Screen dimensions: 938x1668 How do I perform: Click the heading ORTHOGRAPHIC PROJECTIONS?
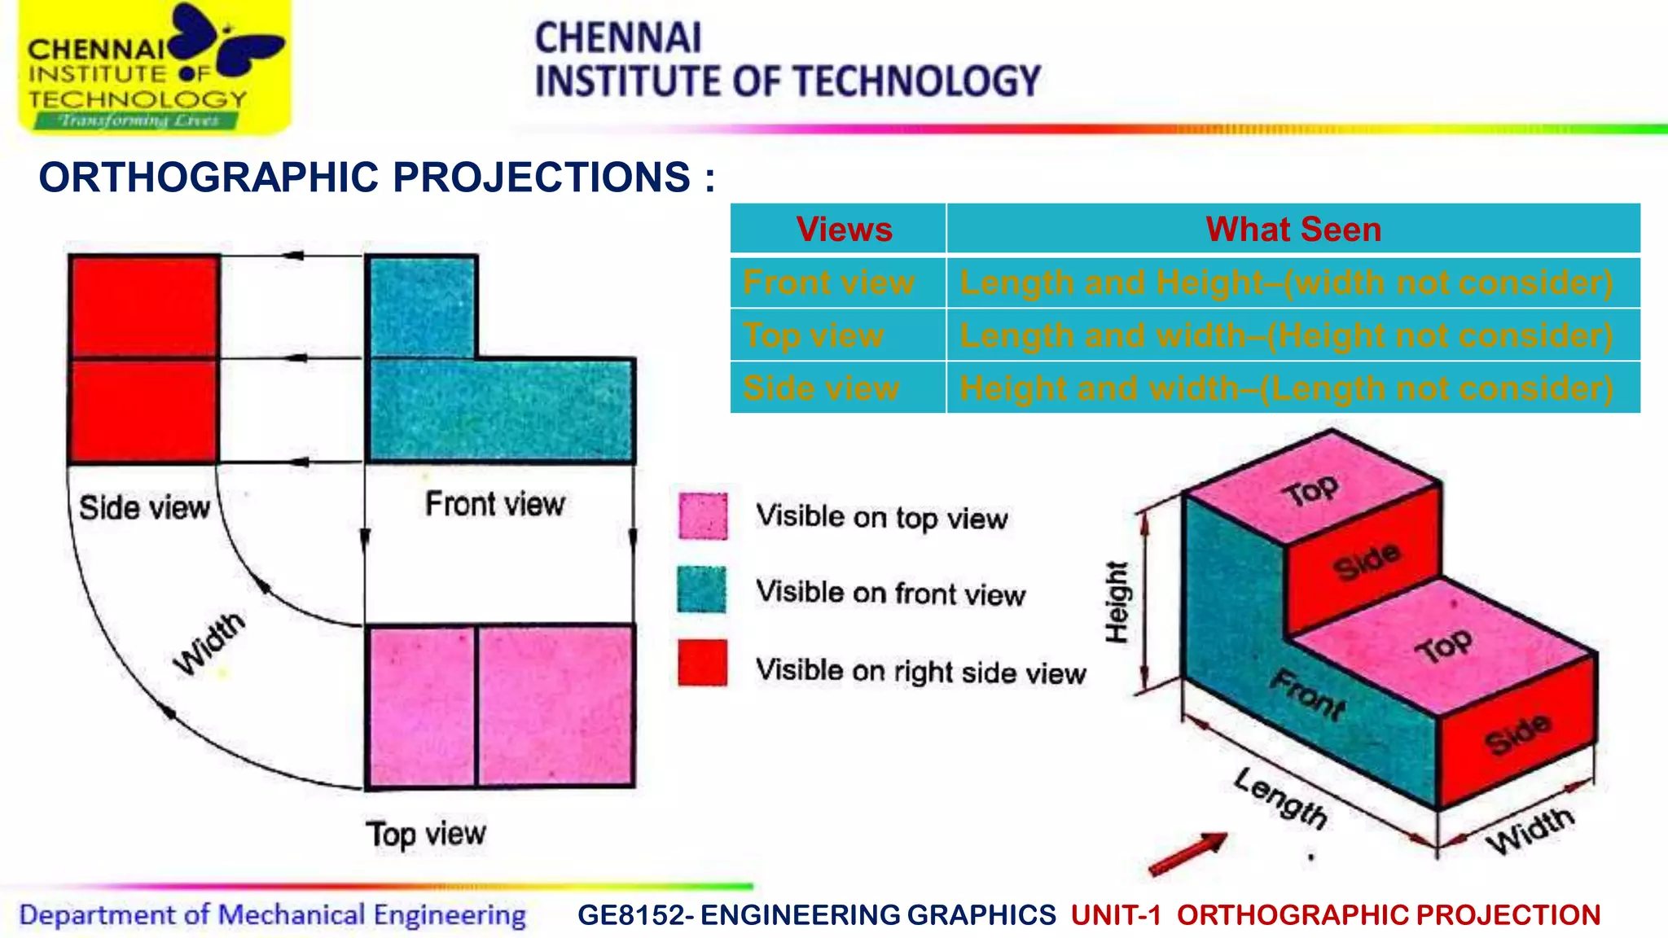[376, 178]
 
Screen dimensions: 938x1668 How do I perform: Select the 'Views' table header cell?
[844, 230]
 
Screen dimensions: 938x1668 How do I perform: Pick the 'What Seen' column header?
[1293, 230]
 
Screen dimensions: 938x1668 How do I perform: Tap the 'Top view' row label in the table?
[813, 335]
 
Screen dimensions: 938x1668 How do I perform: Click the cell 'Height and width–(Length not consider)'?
[1286, 388]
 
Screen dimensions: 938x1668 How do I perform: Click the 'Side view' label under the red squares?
[144, 508]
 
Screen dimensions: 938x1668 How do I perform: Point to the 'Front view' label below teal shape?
[494, 504]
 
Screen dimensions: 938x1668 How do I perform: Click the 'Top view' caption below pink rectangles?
[425, 835]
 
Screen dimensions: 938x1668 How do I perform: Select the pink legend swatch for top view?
[703, 516]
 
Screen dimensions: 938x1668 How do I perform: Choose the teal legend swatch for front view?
[701, 590]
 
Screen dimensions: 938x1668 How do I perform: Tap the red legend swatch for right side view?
[702, 663]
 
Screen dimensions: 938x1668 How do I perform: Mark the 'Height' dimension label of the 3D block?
[1117, 603]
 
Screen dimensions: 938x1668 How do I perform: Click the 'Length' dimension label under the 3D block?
[1280, 798]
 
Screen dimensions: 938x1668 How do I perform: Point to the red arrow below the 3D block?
[1187, 855]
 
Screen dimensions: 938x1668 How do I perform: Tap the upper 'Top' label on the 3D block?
[1310, 490]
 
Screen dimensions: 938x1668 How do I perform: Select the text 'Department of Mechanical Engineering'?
[272, 915]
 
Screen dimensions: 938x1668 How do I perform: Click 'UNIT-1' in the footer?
[1116, 915]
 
